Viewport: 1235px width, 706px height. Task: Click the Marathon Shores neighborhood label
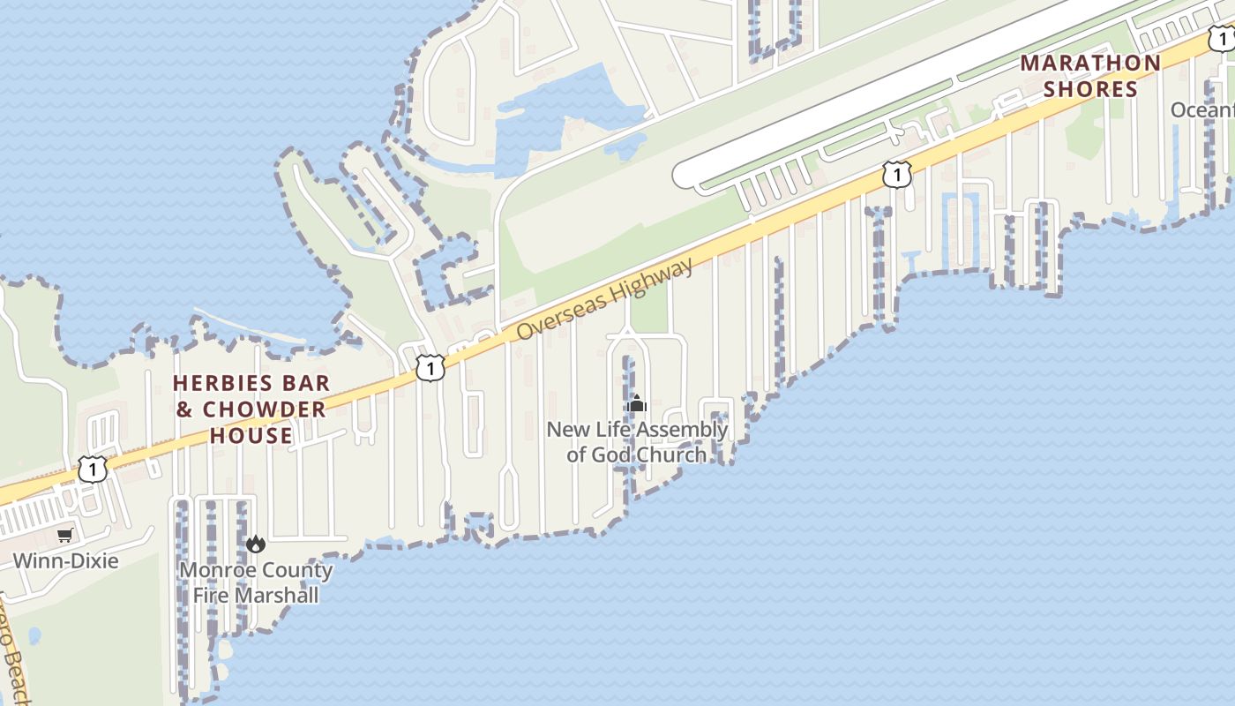point(1090,76)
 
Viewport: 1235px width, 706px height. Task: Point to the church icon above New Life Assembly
point(636,405)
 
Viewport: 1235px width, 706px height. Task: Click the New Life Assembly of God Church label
point(637,442)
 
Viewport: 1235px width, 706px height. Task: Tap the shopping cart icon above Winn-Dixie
point(65,535)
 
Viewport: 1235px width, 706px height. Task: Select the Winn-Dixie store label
point(65,560)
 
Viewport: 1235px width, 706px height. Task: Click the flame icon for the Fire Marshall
point(256,544)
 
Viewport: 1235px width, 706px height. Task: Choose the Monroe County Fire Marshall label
point(256,582)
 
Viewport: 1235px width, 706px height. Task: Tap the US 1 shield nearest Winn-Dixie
point(93,469)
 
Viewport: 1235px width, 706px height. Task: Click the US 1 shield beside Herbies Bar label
point(430,367)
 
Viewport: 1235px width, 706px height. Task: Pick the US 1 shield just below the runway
point(896,175)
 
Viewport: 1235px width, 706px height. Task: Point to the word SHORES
point(1090,89)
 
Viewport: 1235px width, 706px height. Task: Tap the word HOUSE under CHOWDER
point(251,436)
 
